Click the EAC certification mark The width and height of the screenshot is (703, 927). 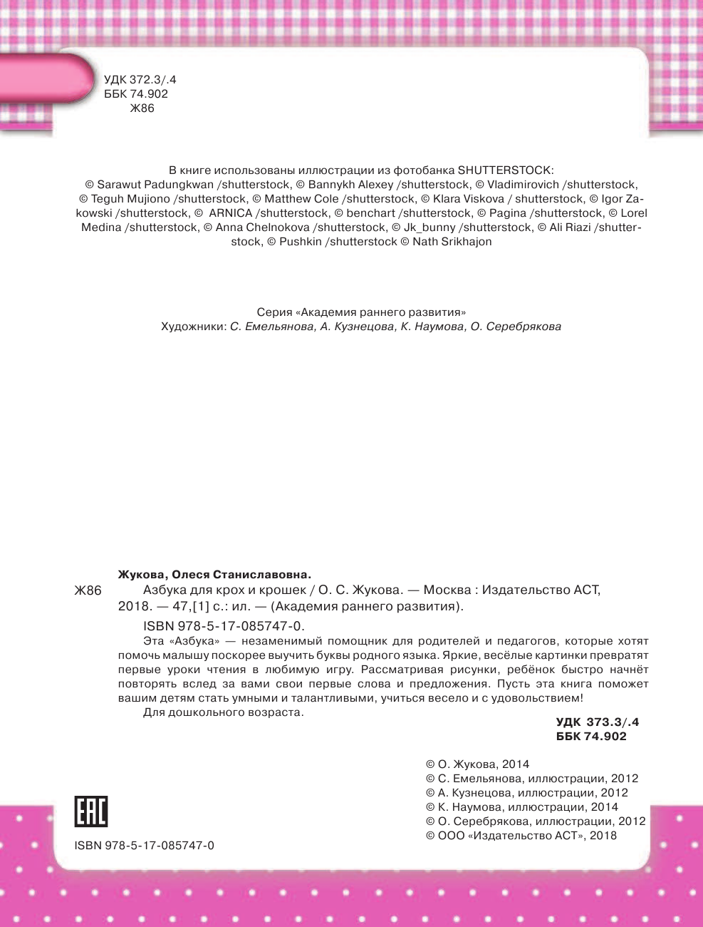tap(90, 811)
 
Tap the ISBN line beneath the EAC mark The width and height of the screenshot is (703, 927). tap(144, 846)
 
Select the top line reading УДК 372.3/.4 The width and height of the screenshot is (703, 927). tap(140, 80)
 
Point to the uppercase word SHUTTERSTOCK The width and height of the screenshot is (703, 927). tap(504, 170)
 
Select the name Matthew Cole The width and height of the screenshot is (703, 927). tap(301, 199)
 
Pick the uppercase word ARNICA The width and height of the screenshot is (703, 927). tap(231, 213)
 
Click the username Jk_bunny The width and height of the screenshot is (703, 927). tap(429, 227)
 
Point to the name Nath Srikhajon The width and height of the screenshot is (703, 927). tap(452, 242)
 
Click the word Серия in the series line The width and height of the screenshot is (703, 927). tap(274, 312)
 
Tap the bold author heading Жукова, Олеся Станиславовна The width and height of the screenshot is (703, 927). tap(214, 575)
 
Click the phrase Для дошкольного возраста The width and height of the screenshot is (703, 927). tap(224, 712)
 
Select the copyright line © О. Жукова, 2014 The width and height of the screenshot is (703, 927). tap(477, 764)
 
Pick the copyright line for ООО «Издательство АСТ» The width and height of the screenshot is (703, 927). tap(521, 836)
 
